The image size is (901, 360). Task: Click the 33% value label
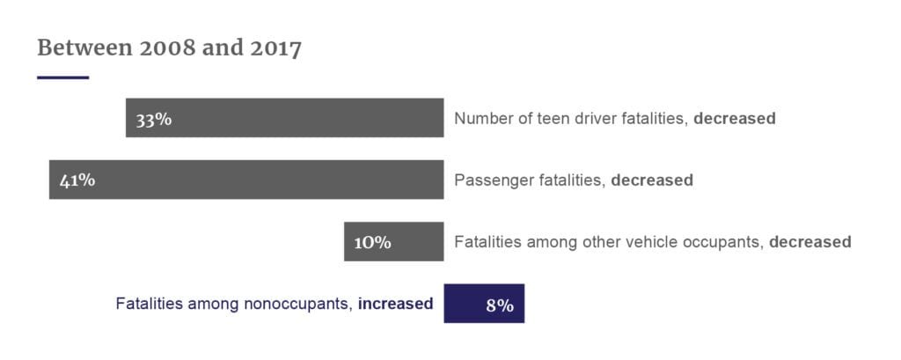(x=153, y=119)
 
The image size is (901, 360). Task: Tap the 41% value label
(x=77, y=180)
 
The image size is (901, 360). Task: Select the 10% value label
(x=372, y=242)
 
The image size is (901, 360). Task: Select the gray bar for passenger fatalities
(x=264, y=180)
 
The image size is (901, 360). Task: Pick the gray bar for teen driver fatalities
(x=308, y=118)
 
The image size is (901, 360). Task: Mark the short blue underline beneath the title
(x=62, y=77)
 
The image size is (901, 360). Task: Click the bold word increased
(x=395, y=304)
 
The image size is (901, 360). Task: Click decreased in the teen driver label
(x=734, y=118)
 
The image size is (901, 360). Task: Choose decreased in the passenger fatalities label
(x=651, y=180)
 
